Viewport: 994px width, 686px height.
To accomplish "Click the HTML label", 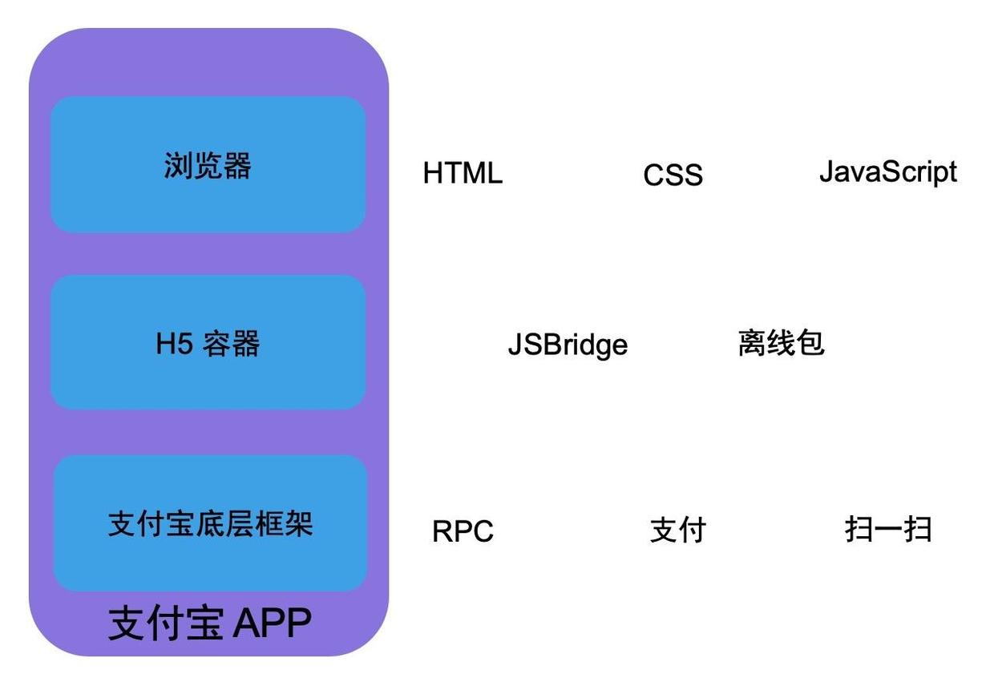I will [463, 173].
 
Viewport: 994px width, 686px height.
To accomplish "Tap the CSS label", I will [673, 176].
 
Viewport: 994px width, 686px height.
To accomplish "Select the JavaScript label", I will [887, 171].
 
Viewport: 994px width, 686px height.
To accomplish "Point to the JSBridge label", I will [568, 345].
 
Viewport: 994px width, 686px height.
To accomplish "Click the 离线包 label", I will [781, 343].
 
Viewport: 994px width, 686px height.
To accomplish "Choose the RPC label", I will [463, 531].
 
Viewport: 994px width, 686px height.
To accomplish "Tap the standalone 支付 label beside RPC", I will [677, 531].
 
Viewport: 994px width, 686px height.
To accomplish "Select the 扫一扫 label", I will [888, 529].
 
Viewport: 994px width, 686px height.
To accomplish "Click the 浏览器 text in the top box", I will [208, 166].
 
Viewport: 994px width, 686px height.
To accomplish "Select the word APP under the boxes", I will [272, 623].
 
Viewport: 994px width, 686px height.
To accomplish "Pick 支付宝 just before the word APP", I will [165, 623].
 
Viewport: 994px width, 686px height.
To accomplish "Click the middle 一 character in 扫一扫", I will [888, 530].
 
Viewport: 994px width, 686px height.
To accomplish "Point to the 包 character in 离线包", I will [810, 343].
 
